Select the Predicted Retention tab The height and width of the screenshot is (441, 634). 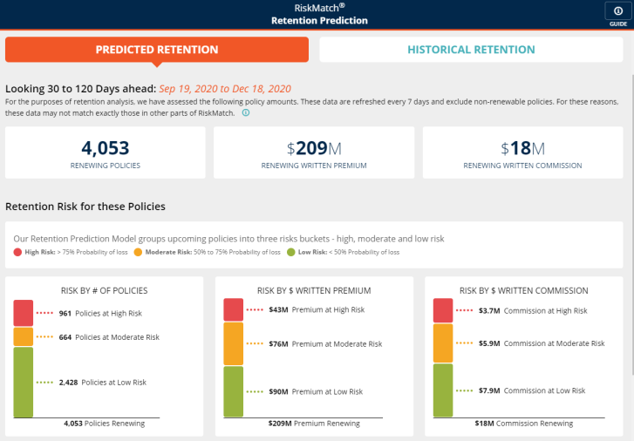click(157, 50)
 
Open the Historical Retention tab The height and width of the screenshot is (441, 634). click(471, 50)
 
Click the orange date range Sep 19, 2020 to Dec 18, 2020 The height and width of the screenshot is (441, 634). click(225, 89)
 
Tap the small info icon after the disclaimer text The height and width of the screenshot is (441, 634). click(246, 112)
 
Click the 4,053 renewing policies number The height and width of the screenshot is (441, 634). click(106, 147)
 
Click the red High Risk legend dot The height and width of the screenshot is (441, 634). click(17, 253)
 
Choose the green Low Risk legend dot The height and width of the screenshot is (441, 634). click(292, 253)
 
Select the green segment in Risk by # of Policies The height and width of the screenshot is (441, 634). click(23, 382)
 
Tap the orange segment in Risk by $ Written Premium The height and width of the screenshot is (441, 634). click(234, 343)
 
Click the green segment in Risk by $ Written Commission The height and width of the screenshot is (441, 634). click(443, 390)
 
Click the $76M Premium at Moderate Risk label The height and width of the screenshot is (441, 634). click(324, 344)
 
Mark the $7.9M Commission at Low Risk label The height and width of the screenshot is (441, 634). click(532, 390)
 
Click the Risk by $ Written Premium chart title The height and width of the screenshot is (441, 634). click(314, 290)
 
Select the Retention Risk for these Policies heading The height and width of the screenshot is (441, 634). click(85, 207)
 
